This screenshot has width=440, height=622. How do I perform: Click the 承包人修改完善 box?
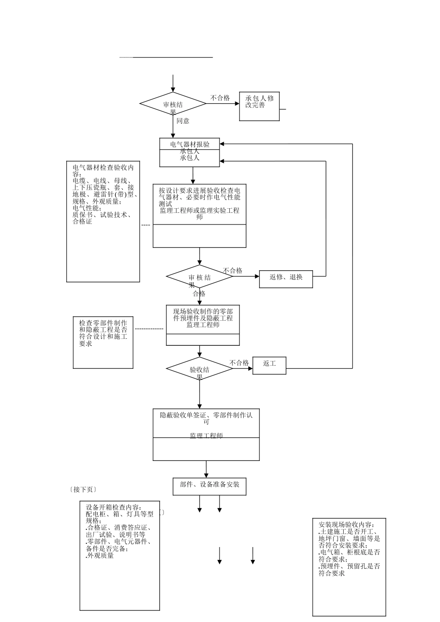pos(259,106)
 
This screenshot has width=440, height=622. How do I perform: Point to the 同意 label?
pos(183,121)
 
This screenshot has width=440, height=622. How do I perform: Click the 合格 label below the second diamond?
pos(199,293)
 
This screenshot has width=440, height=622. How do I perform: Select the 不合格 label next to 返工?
pos(239,363)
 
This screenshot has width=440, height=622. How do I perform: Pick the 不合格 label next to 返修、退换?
pos(233,271)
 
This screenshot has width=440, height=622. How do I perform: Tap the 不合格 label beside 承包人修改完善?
pos(220,98)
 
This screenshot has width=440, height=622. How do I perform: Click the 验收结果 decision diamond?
pos(200,369)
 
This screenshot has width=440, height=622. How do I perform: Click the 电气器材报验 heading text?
pos(190,144)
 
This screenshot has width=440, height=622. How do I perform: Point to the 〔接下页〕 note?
pos(83,489)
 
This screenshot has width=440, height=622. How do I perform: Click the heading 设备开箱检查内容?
pos(114,507)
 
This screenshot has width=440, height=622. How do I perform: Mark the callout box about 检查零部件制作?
pos(103,342)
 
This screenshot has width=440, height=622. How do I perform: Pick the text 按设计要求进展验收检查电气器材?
pos(200,193)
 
